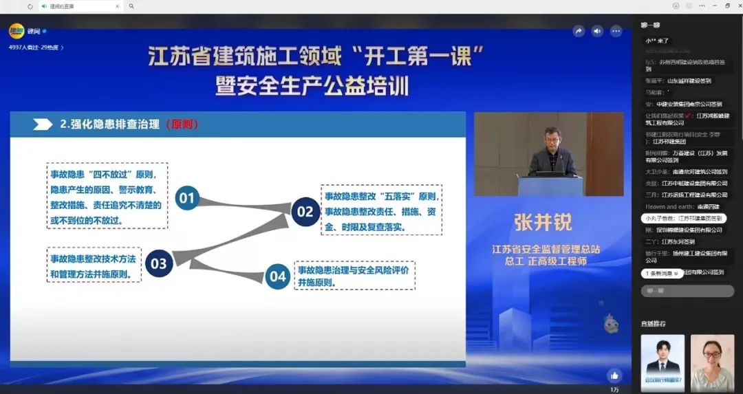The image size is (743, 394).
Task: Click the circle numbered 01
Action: (x=187, y=199)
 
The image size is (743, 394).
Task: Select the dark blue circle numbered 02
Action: (x=305, y=212)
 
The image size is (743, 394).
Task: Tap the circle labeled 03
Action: (x=158, y=263)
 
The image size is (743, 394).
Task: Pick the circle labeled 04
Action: (x=278, y=276)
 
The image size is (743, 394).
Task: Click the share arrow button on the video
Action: (x=579, y=31)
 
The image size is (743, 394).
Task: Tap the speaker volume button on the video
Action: (x=597, y=31)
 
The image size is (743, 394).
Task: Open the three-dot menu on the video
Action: (x=616, y=31)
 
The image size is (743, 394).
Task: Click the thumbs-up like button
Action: (x=614, y=375)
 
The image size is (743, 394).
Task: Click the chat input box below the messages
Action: (x=687, y=291)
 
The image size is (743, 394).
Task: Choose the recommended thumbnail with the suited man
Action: (x=663, y=362)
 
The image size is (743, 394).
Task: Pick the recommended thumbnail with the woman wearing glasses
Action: (x=712, y=362)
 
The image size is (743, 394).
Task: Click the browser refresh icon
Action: (x=30, y=6)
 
